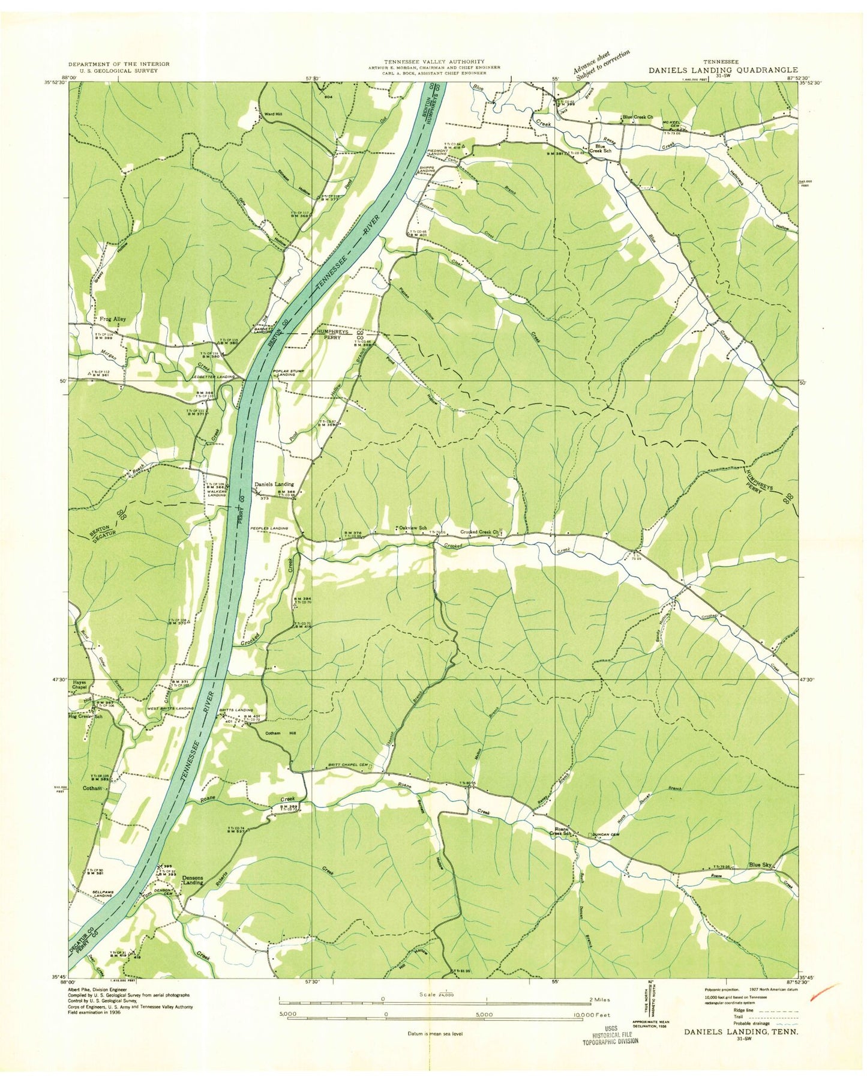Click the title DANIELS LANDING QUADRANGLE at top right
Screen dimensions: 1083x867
[722, 70]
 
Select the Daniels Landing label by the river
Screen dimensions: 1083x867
[274, 484]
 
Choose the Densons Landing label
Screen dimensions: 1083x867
[193, 880]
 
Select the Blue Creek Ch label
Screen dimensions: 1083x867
[638, 117]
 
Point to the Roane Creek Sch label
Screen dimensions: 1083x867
[562, 831]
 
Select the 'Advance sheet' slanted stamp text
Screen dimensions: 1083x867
[601, 64]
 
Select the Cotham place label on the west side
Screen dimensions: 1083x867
[92, 788]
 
